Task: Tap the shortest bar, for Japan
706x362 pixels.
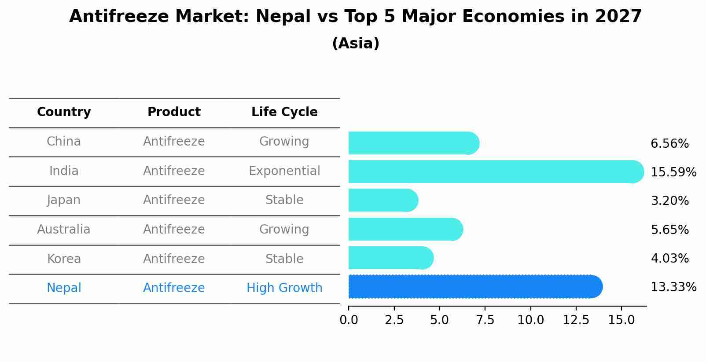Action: point(382,201)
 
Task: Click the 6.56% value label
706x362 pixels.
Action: point(669,144)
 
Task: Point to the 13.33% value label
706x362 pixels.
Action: point(673,287)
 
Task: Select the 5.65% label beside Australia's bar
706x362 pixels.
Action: point(669,230)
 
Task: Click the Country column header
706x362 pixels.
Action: point(64,112)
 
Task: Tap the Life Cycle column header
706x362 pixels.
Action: point(284,112)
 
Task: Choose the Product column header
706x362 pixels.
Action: point(174,112)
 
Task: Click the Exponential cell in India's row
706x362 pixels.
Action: point(284,171)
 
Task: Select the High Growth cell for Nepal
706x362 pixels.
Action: point(284,288)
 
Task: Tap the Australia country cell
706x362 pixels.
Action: point(64,230)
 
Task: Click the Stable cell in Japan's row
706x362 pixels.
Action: point(284,200)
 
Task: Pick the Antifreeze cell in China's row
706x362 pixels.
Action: point(174,142)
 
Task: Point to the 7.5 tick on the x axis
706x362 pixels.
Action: point(485,320)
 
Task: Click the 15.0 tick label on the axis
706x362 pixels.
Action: point(621,320)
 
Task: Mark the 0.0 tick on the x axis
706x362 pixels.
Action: point(349,320)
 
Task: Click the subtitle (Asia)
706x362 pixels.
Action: point(356,44)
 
